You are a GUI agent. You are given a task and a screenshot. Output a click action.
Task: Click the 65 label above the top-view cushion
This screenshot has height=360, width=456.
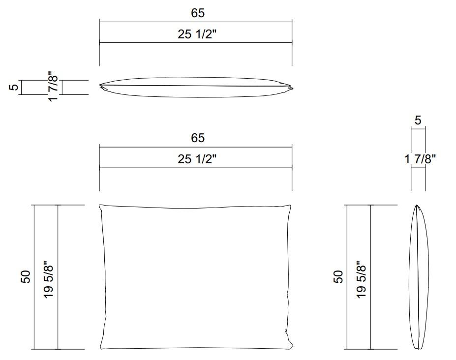tap(198, 13)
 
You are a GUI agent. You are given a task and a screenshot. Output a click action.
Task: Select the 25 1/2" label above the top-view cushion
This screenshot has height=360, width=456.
tap(197, 34)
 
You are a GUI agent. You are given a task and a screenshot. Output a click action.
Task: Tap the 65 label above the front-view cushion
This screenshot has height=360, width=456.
tap(198, 138)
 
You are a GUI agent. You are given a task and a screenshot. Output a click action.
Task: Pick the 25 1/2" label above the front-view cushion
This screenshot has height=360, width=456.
tap(197, 159)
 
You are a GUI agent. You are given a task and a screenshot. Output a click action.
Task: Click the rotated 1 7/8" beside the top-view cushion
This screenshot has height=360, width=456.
tap(54, 86)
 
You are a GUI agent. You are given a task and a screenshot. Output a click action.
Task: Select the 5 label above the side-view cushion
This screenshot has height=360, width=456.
tap(418, 120)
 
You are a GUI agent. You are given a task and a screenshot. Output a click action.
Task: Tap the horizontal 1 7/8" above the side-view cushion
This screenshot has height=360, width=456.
tap(420, 159)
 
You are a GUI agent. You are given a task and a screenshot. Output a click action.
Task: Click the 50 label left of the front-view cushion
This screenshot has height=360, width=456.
tap(26, 276)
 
